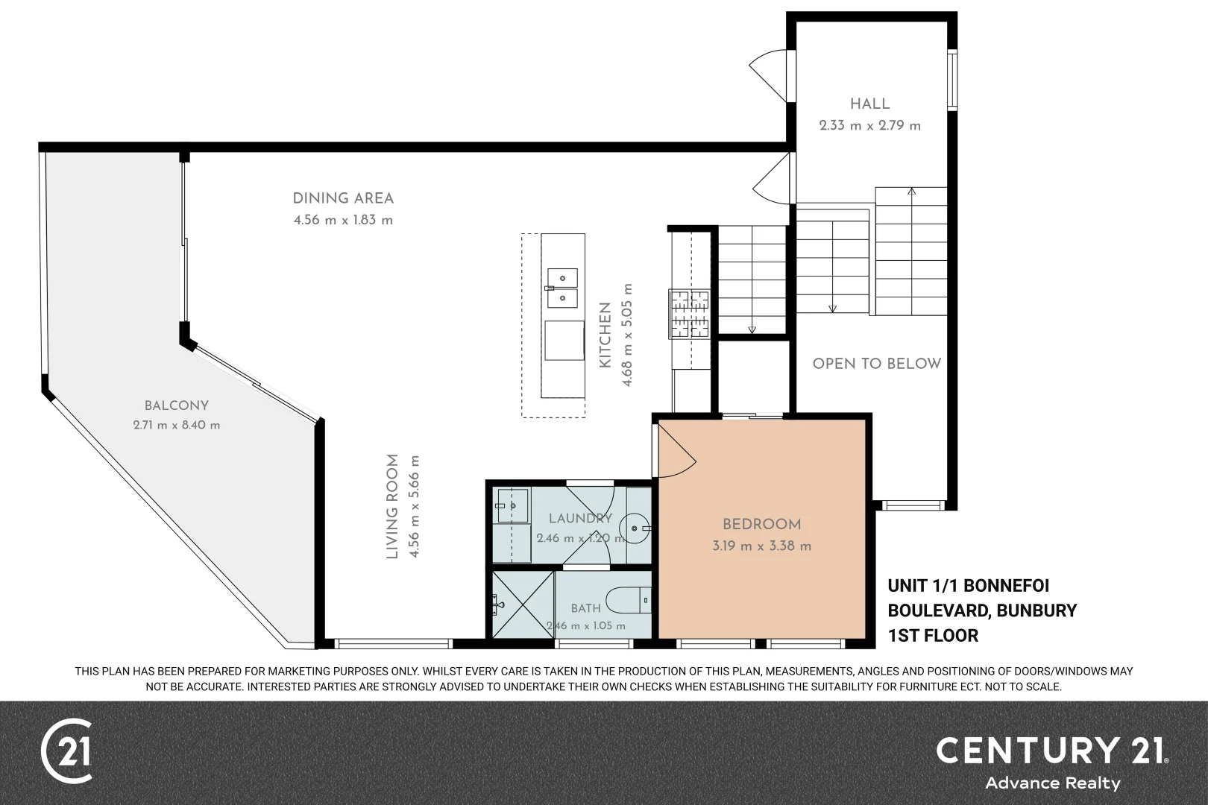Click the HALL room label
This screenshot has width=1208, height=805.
pos(870,104)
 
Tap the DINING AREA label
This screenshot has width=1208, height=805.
pos(343,198)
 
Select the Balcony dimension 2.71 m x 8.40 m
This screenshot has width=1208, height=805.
pos(176,425)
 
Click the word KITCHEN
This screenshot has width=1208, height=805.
pos(605,335)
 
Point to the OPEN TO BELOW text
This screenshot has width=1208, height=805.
pos(877,364)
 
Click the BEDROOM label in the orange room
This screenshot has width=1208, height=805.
pos(761,524)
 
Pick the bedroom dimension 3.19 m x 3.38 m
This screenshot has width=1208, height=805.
pos(761,546)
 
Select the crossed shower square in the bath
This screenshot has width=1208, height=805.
pos(523,605)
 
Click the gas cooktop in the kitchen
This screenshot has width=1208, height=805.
pos(689,315)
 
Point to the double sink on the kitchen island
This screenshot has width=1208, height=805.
pos(562,288)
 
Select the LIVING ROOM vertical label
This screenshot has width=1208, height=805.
pos(392,506)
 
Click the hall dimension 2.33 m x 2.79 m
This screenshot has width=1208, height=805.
pos(870,126)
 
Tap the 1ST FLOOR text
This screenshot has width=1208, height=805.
pos(933,636)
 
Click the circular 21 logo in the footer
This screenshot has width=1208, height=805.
pos(66,751)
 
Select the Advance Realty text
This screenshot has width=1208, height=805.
pos(1053,783)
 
